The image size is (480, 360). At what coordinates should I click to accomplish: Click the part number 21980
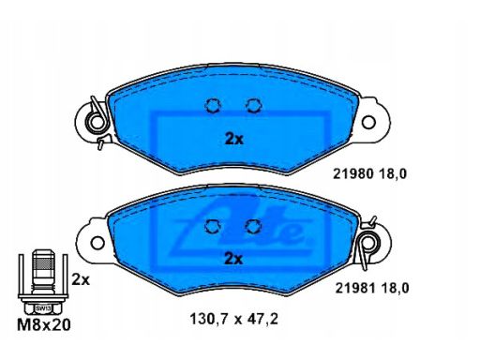click(x=353, y=173)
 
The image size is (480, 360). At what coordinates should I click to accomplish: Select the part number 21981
click(x=355, y=288)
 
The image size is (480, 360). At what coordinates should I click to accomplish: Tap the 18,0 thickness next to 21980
click(x=393, y=174)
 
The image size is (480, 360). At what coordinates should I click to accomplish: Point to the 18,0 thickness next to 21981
click(x=395, y=289)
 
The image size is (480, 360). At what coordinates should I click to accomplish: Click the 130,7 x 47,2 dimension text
click(x=233, y=320)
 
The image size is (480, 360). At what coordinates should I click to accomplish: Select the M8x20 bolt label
click(x=44, y=325)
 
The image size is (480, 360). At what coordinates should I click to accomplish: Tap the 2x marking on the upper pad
click(x=234, y=140)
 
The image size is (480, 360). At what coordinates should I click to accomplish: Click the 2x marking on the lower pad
click(x=233, y=259)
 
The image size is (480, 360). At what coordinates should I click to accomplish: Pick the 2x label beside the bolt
click(x=81, y=280)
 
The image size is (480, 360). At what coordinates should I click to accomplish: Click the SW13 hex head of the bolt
click(x=43, y=308)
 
